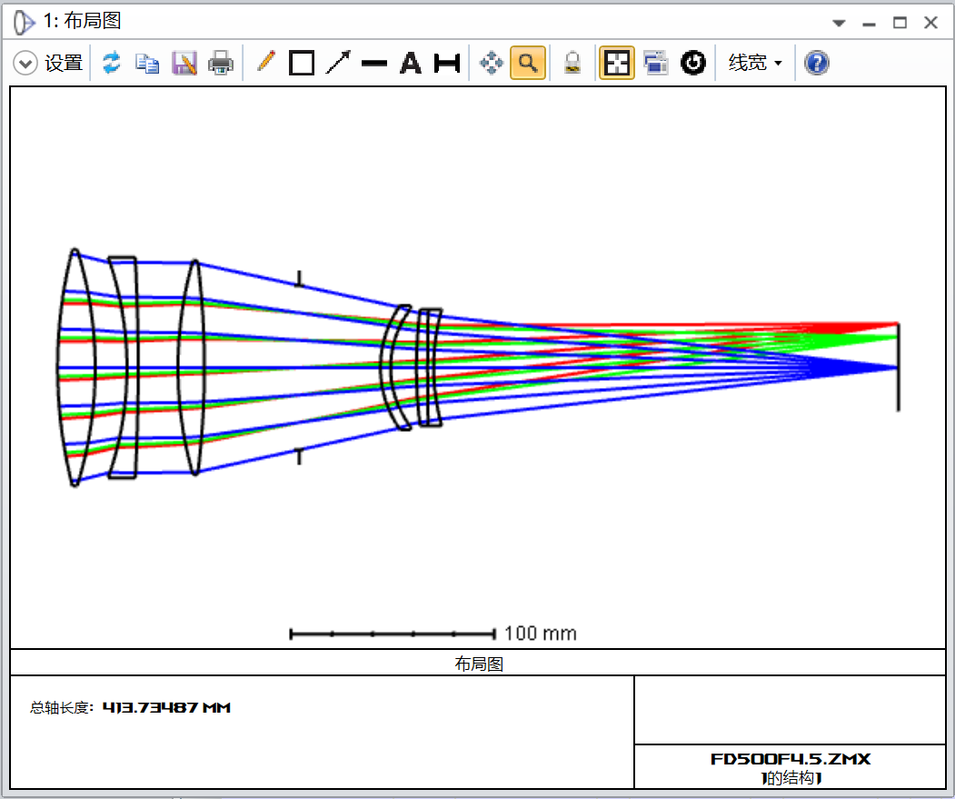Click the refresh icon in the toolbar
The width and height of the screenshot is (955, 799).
[112, 63]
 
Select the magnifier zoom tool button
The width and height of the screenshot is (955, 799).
[527, 63]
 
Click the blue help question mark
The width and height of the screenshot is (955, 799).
[816, 63]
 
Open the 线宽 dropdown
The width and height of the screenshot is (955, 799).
[755, 63]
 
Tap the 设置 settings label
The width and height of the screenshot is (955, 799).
[64, 63]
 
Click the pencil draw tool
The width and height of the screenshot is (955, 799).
[265, 62]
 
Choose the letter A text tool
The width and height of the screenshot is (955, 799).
[411, 63]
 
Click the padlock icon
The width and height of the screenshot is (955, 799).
[572, 63]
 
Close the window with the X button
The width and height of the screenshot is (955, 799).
[930, 23]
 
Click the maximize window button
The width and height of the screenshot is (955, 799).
[900, 23]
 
